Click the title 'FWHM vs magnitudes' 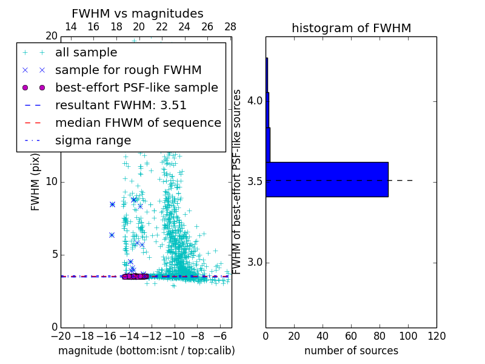pyautogui.click(x=138, y=13)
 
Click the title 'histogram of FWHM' pyautogui.click(x=351, y=28)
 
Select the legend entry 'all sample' pyautogui.click(x=86, y=53)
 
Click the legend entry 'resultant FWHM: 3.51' pyautogui.click(x=121, y=106)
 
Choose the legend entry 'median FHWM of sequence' pyautogui.click(x=138, y=123)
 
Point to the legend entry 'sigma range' pyautogui.click(x=93, y=141)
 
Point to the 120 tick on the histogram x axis pyautogui.click(x=436, y=336)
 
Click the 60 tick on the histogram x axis pyautogui.click(x=351, y=336)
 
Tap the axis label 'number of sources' pyautogui.click(x=351, y=351)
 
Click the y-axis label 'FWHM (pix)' pyautogui.click(x=35, y=181)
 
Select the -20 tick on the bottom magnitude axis pyautogui.click(x=61, y=336)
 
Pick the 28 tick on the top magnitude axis pyautogui.click(x=230, y=27)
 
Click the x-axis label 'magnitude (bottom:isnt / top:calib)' pyautogui.click(x=146, y=351)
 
